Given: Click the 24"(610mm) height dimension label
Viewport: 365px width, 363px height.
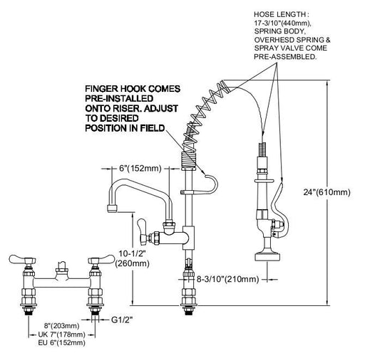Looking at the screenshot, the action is point(327,192).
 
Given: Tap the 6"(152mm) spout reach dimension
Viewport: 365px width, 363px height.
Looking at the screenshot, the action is point(140,169).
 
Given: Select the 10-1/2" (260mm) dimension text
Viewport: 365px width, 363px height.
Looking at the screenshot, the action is point(133,258).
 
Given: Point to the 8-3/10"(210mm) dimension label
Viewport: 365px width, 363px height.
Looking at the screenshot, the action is point(227,279).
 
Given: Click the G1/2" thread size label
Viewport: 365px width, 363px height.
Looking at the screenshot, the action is point(122,320).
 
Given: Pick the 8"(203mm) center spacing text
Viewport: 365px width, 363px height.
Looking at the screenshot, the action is point(62,326).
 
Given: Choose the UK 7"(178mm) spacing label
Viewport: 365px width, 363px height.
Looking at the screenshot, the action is point(61,335).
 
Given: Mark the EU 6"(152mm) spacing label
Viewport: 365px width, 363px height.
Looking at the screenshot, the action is point(61,342).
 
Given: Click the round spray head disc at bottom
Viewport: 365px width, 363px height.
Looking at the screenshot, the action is point(268,257).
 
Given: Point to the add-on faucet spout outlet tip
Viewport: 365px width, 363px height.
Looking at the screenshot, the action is point(113,209).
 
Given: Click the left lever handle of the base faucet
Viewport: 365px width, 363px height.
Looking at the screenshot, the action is point(22,259).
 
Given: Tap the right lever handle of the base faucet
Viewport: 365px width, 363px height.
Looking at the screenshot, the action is point(101,259).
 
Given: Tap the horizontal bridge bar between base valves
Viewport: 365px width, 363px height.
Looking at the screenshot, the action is point(62,282).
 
